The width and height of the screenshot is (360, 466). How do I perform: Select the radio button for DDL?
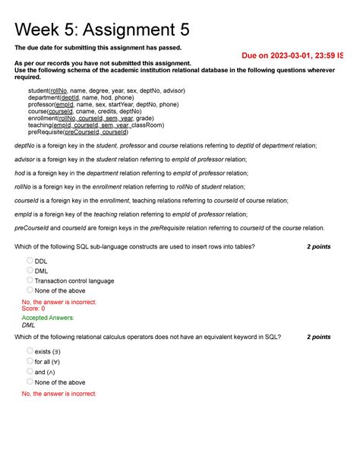click(30, 260)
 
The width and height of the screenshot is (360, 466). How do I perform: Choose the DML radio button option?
click(30, 270)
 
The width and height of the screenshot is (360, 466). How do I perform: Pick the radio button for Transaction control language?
click(30, 280)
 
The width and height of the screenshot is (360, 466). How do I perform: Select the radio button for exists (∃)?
click(30, 350)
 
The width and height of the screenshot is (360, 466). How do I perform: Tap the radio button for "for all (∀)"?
click(30, 361)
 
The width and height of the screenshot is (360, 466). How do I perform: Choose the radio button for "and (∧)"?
click(30, 372)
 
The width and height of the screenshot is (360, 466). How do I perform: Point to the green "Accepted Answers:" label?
click(48, 318)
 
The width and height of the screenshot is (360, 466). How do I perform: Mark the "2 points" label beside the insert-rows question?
click(318, 247)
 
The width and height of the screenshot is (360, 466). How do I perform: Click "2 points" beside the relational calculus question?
click(318, 337)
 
